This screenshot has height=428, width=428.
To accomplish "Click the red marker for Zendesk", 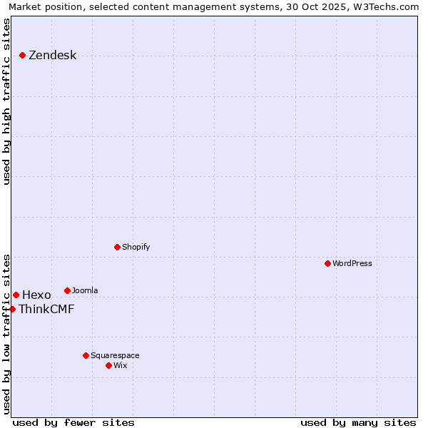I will click(x=22, y=55).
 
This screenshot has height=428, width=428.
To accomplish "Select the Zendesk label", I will click(x=52, y=56).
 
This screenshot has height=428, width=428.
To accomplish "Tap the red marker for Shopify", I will click(x=117, y=247).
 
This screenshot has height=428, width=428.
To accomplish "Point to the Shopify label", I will click(x=136, y=247).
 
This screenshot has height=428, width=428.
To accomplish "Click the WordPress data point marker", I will click(x=327, y=263).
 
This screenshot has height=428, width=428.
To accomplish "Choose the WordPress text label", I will click(x=352, y=263).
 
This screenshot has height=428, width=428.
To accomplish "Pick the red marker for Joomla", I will click(x=67, y=290).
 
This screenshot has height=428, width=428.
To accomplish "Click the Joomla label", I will click(x=85, y=290).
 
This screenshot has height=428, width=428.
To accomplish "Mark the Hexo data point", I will click(x=16, y=295).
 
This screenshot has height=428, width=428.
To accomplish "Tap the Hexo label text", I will click(x=36, y=295).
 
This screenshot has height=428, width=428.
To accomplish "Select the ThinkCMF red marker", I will click(x=12, y=309).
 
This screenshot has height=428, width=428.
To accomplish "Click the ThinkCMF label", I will click(x=46, y=310).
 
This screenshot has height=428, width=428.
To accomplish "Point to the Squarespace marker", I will click(x=86, y=355).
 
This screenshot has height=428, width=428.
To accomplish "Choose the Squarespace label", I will click(x=115, y=355).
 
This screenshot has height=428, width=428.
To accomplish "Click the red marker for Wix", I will click(x=108, y=365).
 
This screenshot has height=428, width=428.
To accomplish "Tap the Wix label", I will click(x=120, y=365).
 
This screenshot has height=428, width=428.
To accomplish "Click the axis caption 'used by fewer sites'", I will click(x=73, y=422).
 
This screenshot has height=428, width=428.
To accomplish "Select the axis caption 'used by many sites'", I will click(x=358, y=422).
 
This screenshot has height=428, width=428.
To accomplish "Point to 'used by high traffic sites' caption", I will click(x=6, y=101).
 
